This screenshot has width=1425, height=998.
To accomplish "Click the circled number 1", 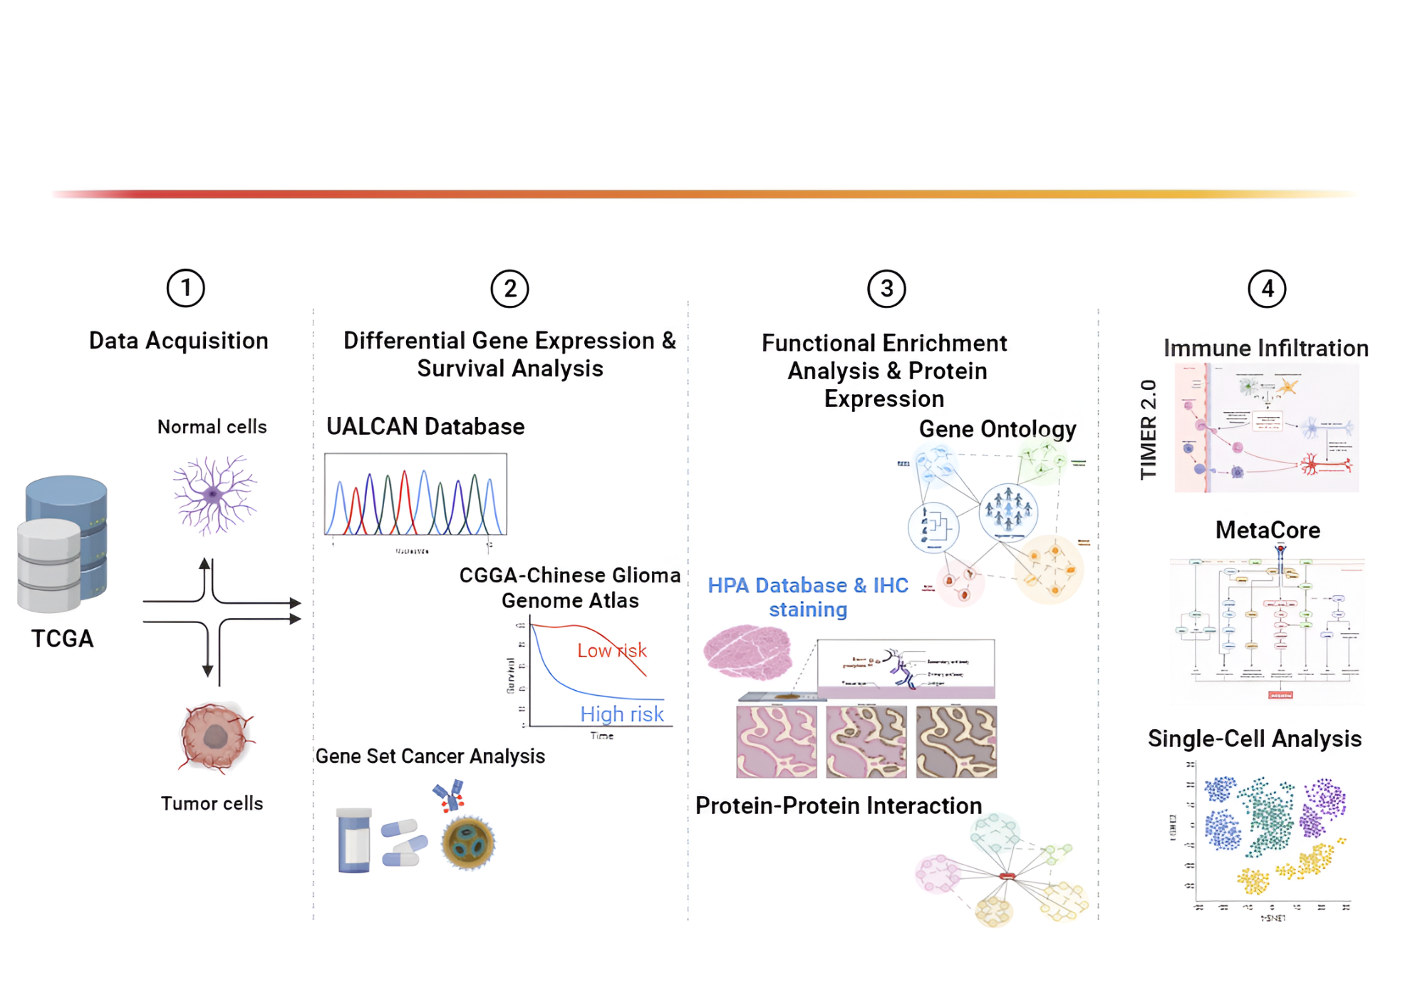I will pyautogui.click(x=185, y=288).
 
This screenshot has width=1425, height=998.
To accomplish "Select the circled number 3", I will pyautogui.click(x=886, y=288).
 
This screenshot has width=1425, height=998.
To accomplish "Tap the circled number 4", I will pyautogui.click(x=1267, y=288).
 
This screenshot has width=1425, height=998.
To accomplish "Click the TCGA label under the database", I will pyautogui.click(x=63, y=638).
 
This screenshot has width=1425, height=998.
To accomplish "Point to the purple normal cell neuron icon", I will pyautogui.click(x=214, y=494).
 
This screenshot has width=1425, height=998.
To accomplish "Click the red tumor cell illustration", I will pyautogui.click(x=216, y=737).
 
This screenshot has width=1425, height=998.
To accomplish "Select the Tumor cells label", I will pyautogui.click(x=212, y=803).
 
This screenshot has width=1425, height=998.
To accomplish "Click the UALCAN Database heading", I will pyautogui.click(x=425, y=426).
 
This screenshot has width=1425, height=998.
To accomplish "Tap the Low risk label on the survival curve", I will pyautogui.click(x=611, y=650).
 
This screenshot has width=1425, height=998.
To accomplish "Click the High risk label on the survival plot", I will pyautogui.click(x=621, y=714).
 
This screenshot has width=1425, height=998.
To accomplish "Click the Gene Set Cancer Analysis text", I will pyautogui.click(x=430, y=756).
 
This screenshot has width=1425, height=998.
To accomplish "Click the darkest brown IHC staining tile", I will pyautogui.click(x=956, y=741).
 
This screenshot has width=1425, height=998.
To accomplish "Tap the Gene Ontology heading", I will pyautogui.click(x=997, y=428).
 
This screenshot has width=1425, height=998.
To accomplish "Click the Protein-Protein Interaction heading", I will pyautogui.click(x=838, y=806).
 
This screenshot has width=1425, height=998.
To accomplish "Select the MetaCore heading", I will pyautogui.click(x=1268, y=530).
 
